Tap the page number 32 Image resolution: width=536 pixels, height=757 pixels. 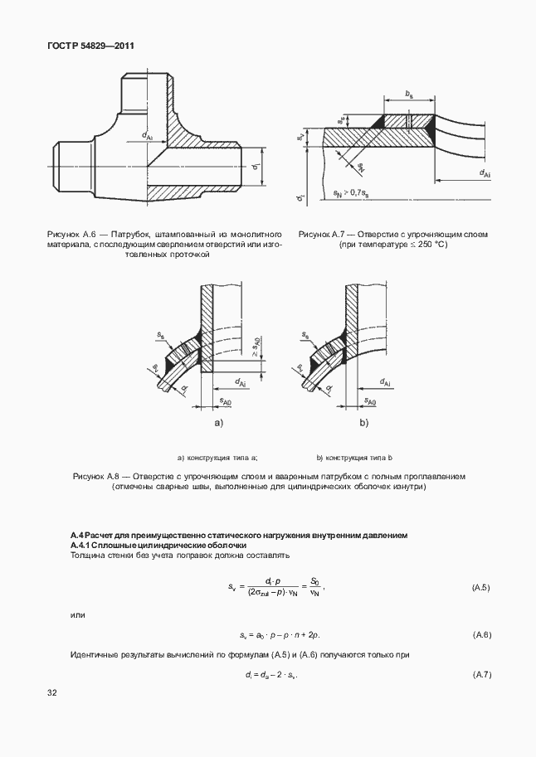pyautogui.click(x=52, y=691)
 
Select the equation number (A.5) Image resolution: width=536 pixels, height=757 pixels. pyautogui.click(x=481, y=587)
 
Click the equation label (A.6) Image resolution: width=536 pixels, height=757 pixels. pyautogui.click(x=481, y=634)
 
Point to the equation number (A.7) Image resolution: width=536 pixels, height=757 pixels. pyautogui.click(x=481, y=674)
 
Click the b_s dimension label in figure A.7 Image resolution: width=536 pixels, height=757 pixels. pyautogui.click(x=408, y=96)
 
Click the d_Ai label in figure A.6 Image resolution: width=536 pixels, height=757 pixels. pyautogui.click(x=148, y=135)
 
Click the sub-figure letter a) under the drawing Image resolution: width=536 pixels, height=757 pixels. pyautogui.click(x=219, y=423)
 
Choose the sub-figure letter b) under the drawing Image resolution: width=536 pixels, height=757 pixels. pyautogui.click(x=363, y=423)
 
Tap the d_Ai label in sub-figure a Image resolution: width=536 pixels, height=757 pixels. pyautogui.click(x=240, y=382)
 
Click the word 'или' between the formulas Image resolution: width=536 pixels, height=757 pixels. pyautogui.click(x=76, y=614)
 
